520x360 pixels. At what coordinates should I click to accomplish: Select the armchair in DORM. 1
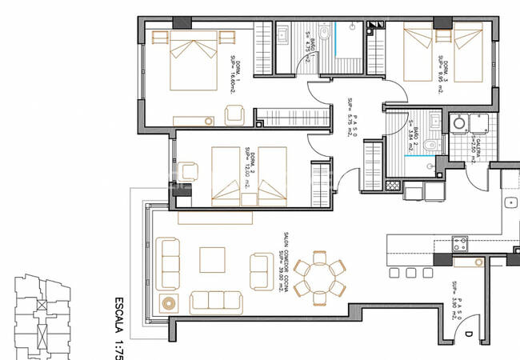click(x=235, y=115)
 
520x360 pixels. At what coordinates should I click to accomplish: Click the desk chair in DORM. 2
click(x=190, y=170)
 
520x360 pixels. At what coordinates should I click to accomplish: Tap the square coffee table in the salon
click(x=213, y=259)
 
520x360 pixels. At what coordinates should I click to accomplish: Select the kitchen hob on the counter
click(x=460, y=241)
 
